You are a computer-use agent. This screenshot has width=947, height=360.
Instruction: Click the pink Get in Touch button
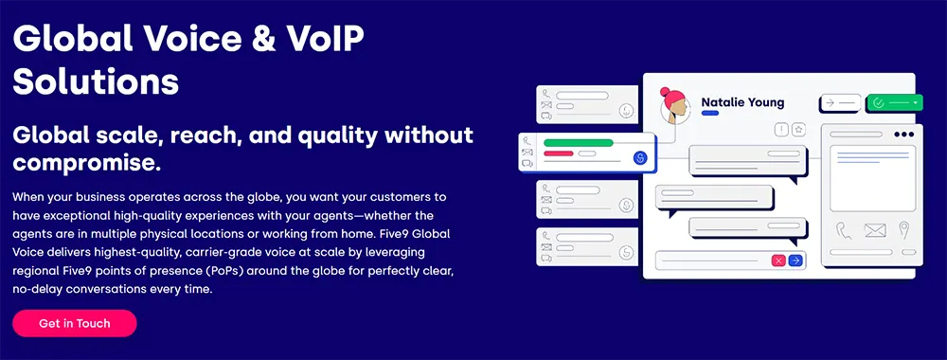(x=74, y=323)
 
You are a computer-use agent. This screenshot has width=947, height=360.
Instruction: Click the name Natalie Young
(x=742, y=102)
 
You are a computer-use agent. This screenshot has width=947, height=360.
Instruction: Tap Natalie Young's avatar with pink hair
(x=675, y=107)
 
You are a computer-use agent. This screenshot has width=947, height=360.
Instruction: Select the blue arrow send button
(x=796, y=261)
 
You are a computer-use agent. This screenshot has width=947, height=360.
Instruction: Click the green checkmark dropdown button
(x=895, y=103)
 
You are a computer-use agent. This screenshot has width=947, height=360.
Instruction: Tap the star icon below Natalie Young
(x=799, y=129)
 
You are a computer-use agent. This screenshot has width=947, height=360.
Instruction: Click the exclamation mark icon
(x=782, y=129)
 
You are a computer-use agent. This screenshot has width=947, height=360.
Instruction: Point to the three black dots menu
(x=903, y=135)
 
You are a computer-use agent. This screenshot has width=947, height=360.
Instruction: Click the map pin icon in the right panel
(x=903, y=229)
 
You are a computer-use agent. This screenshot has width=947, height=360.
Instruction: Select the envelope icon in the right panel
(x=874, y=230)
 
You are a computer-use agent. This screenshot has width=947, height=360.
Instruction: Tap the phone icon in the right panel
(x=843, y=230)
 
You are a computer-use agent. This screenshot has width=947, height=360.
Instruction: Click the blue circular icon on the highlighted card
(x=640, y=157)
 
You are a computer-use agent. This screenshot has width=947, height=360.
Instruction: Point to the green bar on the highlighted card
(x=579, y=143)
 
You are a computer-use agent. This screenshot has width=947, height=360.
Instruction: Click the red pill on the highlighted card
(x=558, y=153)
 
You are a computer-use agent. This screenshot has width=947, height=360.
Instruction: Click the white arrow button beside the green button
(x=840, y=103)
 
